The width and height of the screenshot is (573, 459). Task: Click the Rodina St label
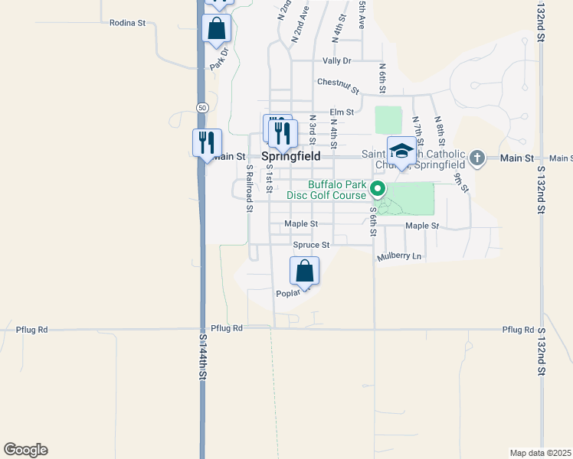click(127, 24)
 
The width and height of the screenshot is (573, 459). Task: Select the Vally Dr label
click(336, 60)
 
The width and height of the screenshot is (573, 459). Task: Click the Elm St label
click(342, 112)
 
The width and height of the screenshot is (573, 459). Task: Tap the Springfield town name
click(291, 156)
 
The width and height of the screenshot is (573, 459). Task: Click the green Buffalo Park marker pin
click(377, 188)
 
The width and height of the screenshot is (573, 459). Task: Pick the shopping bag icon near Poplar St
click(304, 271)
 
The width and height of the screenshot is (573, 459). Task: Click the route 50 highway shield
click(201, 106)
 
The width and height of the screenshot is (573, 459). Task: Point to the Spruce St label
click(311, 245)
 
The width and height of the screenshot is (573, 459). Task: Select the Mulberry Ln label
click(399, 257)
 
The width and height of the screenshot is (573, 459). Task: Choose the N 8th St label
click(440, 131)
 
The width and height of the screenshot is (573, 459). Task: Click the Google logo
click(25, 450)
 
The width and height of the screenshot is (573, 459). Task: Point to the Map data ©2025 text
click(540, 453)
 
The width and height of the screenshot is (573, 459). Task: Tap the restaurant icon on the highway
click(206, 143)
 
